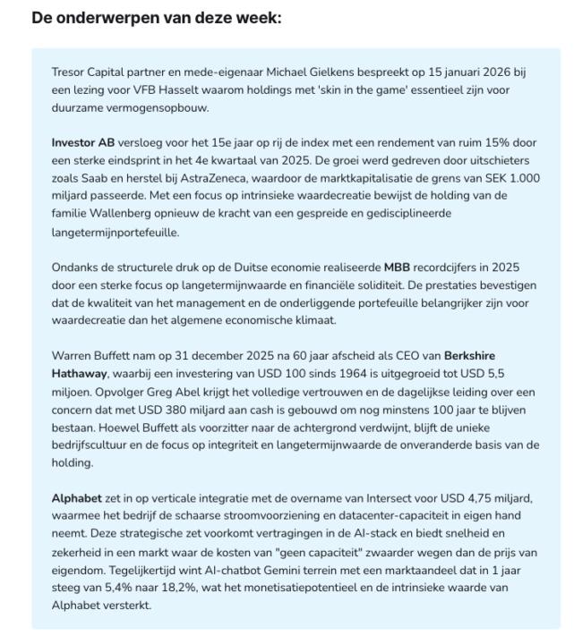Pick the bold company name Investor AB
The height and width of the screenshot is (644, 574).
coord(84,141)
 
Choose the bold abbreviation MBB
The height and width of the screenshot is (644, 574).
coord(397,267)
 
